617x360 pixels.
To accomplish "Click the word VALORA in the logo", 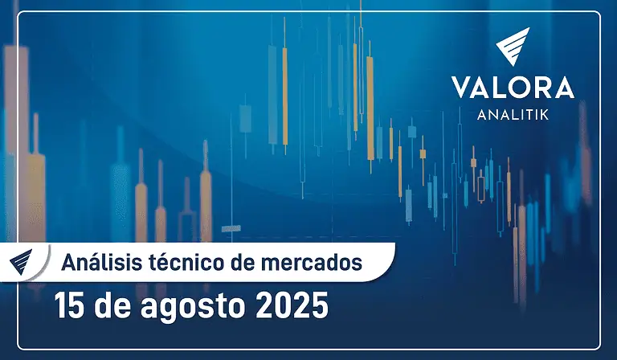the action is (x=513, y=88).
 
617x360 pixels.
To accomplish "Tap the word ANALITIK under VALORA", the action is (x=513, y=115).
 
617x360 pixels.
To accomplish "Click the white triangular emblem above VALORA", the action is (x=513, y=45).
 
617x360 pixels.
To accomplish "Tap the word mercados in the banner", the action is (x=312, y=263).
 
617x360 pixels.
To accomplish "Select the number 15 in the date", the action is (x=69, y=305).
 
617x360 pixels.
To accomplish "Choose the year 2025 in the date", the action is (x=292, y=305).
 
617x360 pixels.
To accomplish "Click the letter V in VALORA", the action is (x=462, y=88).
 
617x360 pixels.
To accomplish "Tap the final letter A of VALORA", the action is (x=563, y=88).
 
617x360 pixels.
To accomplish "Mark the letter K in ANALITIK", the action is (x=545, y=115).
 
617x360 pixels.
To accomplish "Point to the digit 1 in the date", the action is (x=61, y=305).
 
